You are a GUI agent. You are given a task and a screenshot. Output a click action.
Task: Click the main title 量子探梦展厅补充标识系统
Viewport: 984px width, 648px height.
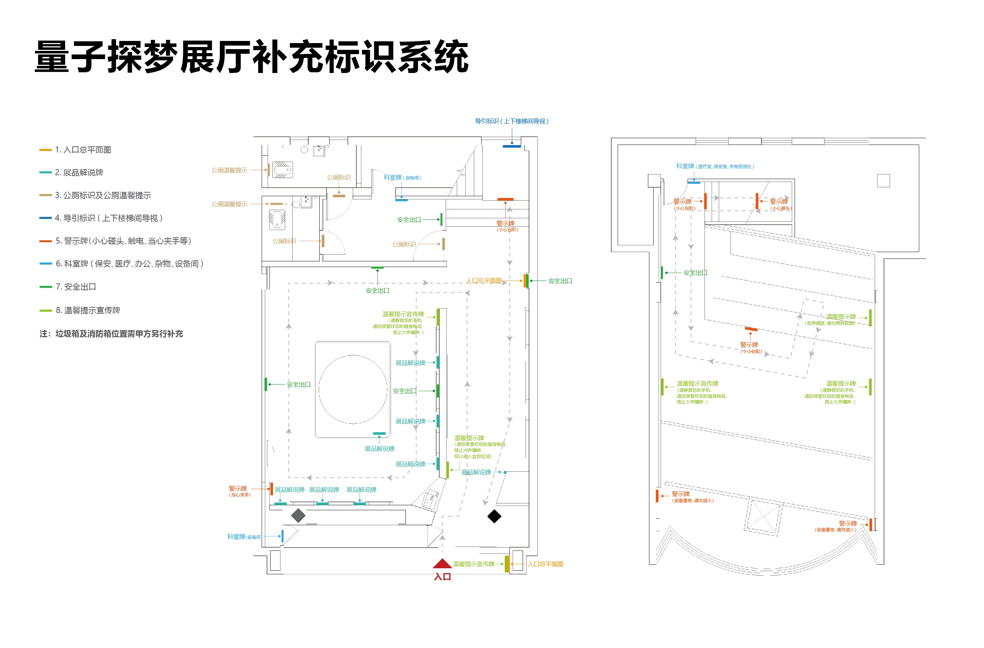[251, 57]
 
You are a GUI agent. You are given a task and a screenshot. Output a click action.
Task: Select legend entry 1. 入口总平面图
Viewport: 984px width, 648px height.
[83, 150]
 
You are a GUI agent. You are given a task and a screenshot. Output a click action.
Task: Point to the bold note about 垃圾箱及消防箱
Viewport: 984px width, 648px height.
[111, 334]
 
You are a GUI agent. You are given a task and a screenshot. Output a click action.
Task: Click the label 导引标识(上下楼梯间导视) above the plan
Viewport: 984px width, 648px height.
[512, 121]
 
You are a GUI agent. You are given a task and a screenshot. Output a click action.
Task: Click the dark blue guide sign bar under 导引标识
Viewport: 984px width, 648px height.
[512, 146]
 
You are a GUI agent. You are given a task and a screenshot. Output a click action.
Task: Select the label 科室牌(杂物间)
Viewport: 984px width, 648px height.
[402, 177]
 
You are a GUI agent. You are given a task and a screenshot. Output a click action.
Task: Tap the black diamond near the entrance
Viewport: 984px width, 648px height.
[494, 516]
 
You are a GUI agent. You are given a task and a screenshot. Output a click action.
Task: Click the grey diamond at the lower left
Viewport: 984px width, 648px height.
[298, 515]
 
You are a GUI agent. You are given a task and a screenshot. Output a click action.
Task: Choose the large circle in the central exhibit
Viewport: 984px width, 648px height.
[353, 389]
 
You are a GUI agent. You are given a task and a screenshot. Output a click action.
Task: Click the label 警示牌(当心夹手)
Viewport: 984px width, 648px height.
[239, 491]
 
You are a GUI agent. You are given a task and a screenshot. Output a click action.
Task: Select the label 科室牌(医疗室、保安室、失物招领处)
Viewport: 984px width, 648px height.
[715, 166]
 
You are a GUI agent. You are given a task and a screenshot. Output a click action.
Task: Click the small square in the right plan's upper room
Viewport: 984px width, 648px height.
[883, 181]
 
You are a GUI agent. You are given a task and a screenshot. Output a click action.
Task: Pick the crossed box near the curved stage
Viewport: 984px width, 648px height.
[764, 517]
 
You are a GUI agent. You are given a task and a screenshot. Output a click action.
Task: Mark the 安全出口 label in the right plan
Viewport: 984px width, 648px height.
[695, 273]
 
